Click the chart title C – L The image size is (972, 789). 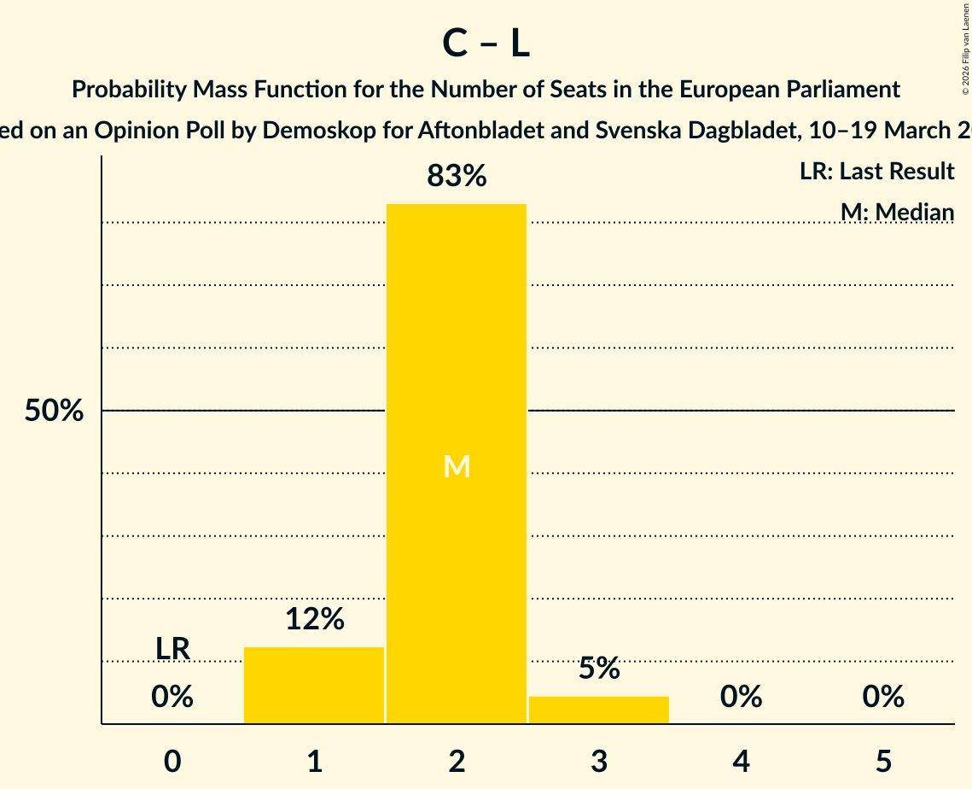[486, 44]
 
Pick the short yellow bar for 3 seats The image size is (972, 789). [598, 710]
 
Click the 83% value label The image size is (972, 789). [457, 176]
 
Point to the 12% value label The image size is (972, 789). [314, 619]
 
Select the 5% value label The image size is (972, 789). [598, 669]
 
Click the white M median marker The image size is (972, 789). [457, 466]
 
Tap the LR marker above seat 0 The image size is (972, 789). [172, 648]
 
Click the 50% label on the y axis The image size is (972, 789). [54, 411]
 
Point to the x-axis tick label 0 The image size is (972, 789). [172, 761]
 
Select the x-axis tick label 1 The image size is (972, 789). [314, 761]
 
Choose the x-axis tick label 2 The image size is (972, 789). [457, 761]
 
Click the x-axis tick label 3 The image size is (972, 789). [598, 761]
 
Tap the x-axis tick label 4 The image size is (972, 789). [741, 761]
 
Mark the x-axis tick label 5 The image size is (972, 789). [882, 761]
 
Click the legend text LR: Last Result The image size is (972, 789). [876, 172]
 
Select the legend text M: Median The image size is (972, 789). [897, 212]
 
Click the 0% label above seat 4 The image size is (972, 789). [741, 698]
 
